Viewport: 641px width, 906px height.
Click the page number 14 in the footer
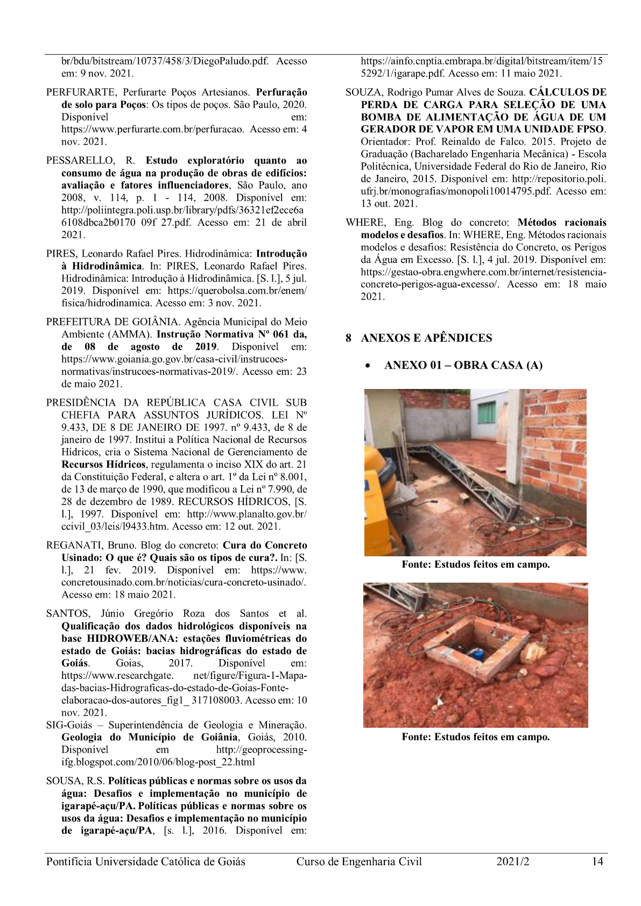(x=597, y=861)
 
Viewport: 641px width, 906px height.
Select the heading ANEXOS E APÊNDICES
(x=426, y=338)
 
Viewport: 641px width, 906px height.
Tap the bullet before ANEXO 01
(x=367, y=366)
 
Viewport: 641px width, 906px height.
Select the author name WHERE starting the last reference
(x=365, y=222)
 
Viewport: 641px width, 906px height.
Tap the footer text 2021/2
(x=513, y=861)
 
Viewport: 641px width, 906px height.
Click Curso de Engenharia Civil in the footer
(x=359, y=861)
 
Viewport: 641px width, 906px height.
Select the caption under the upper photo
(x=475, y=564)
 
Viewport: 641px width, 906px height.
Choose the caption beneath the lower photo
(x=475, y=737)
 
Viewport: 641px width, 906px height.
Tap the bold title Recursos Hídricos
(x=103, y=464)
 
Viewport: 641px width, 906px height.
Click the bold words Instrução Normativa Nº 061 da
(x=231, y=334)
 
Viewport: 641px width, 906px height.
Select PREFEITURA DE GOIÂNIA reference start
(x=112, y=322)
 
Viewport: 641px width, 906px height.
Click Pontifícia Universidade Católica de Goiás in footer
(x=145, y=861)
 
